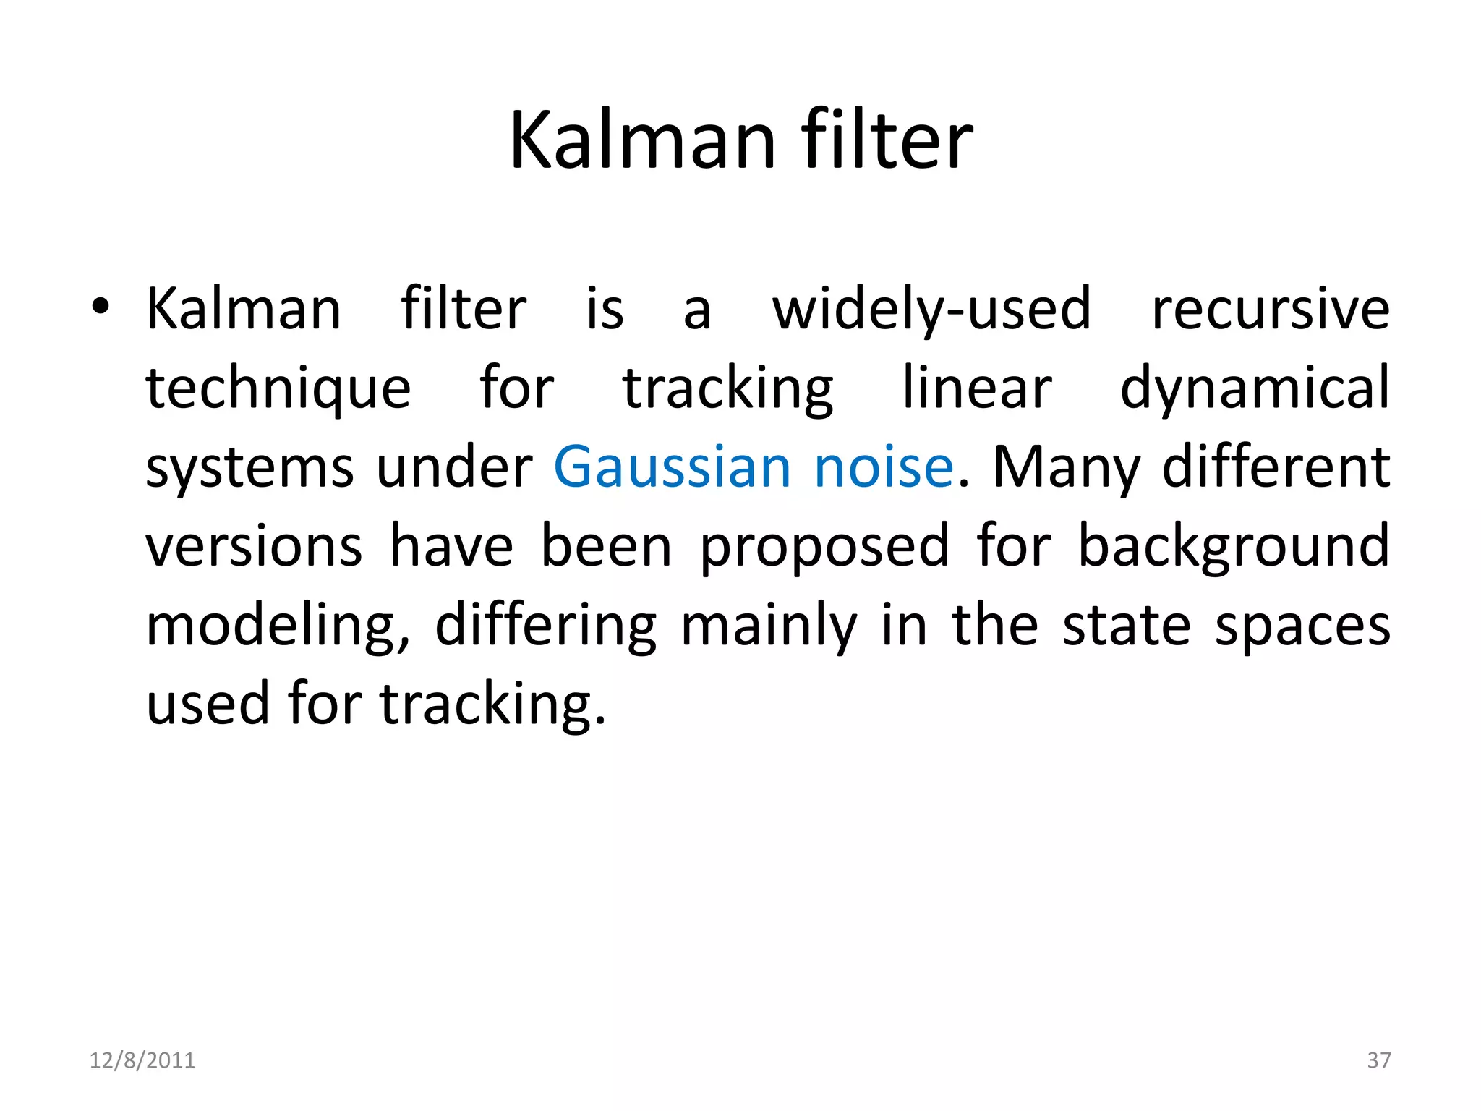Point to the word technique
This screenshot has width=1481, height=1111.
coord(278,389)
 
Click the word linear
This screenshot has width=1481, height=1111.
coord(977,388)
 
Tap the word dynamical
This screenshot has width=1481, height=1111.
coord(1255,389)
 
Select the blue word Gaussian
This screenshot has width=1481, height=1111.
coord(673,467)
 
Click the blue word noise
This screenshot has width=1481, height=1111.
coord(884,467)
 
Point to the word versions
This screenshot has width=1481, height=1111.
coord(254,546)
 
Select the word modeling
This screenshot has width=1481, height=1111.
coord(277,626)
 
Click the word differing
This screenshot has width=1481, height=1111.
coord(546,626)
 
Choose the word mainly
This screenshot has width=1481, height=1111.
coord(769,626)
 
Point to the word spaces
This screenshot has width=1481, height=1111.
coord(1302,626)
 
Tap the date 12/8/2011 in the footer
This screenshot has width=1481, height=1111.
coord(142,1060)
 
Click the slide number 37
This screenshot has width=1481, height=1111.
coord(1379,1060)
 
